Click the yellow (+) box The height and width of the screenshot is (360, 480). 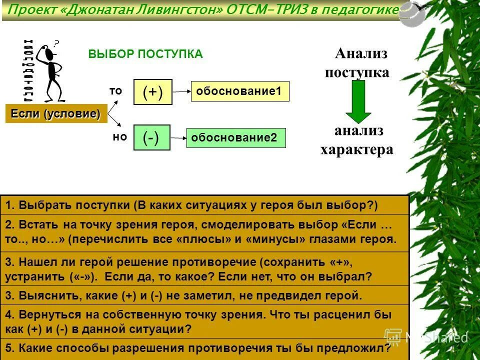153,92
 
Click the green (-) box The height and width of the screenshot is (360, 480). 152,137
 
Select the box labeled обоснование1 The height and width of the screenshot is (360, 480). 240,92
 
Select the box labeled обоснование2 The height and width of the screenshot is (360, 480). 236,138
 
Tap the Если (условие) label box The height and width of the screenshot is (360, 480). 55,114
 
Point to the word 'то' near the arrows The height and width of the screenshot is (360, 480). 115,90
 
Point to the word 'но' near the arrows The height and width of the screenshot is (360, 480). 119,136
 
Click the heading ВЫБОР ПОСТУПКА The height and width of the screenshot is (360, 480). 145,54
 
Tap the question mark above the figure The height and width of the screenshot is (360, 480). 56,43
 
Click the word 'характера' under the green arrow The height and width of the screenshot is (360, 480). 356,149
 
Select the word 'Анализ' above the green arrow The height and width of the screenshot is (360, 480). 361,53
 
